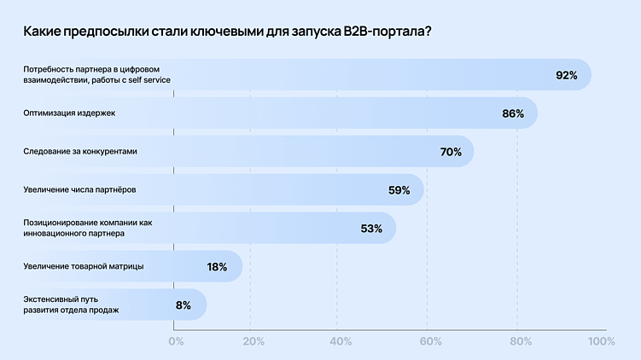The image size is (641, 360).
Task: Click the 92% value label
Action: [567, 75]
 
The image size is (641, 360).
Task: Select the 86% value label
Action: [513, 113]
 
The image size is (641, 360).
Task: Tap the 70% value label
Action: [451, 152]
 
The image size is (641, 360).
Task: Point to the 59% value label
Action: [399, 190]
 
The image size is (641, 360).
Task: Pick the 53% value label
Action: [371, 229]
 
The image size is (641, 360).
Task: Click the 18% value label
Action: [217, 267]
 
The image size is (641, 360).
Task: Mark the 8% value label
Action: [183, 305]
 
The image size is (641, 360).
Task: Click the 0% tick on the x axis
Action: [176, 342]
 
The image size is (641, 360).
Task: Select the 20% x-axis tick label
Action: [253, 342]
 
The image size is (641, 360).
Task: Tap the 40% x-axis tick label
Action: [341, 342]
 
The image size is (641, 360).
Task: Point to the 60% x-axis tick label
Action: [430, 342]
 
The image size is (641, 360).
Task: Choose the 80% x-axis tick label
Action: [521, 342]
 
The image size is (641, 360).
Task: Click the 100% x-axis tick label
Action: [602, 342]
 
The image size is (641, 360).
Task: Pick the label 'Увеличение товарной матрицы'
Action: [84, 266]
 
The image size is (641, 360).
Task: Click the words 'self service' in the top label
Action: [149, 79]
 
